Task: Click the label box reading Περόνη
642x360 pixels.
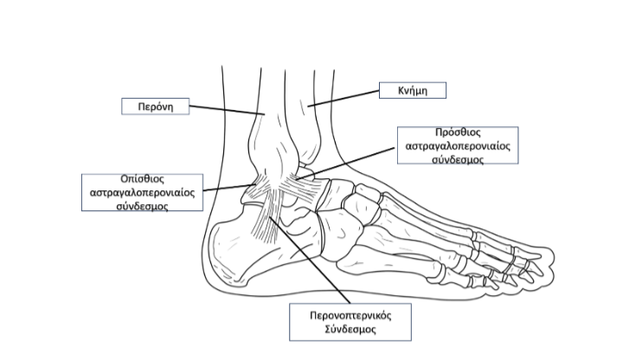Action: (154, 106)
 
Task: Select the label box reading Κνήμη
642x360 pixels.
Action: (412, 89)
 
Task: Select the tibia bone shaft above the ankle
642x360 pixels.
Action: (299, 95)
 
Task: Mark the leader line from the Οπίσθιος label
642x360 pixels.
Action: (227, 187)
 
